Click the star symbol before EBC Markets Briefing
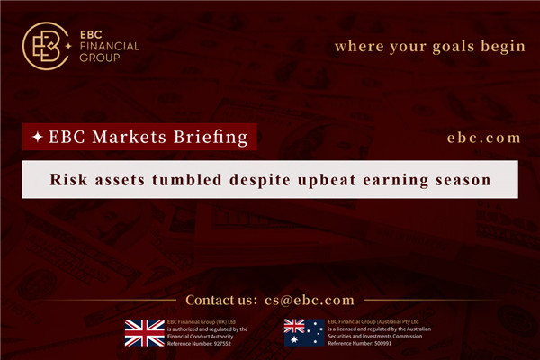pos(36,137)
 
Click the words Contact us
pos(220,300)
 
